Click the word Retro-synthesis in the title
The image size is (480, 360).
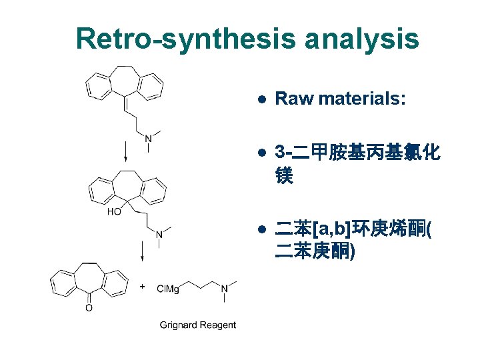tap(185, 39)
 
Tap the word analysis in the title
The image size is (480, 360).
tap(362, 39)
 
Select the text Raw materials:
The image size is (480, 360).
tap(340, 99)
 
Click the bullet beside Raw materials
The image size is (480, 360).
tap(263, 100)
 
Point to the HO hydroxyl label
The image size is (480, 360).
tap(114, 212)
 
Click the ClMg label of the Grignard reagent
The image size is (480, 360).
tap(168, 288)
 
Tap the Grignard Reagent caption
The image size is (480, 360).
tap(197, 325)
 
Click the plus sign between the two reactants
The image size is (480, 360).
tap(142, 285)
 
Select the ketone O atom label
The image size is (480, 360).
tap(89, 308)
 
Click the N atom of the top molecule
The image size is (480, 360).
tap(148, 138)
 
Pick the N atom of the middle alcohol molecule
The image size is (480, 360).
tap(159, 234)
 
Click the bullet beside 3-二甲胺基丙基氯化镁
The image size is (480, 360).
tap(263, 154)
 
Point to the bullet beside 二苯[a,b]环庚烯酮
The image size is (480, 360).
tap(263, 231)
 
